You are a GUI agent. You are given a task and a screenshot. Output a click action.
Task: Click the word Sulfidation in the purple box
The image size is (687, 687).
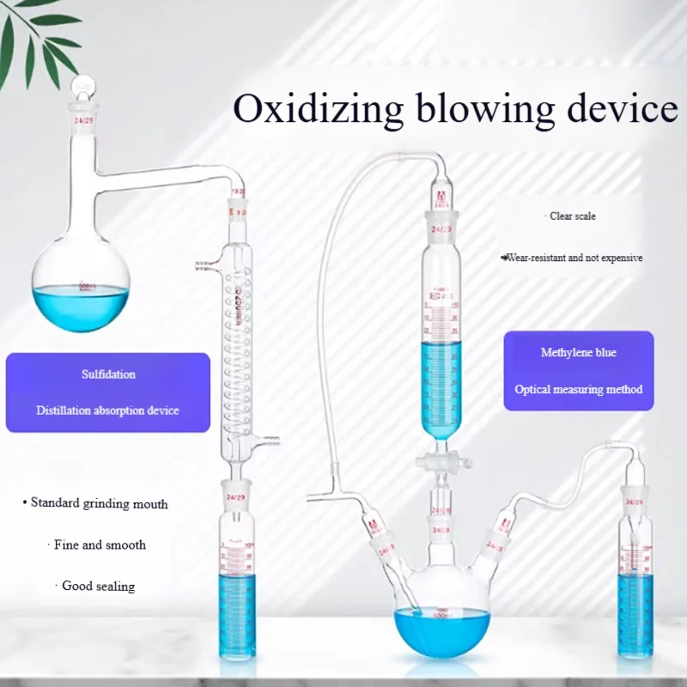point(109,374)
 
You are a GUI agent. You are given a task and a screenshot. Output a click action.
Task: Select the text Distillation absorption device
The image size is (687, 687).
point(107,410)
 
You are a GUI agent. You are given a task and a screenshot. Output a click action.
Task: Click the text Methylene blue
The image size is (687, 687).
point(578,353)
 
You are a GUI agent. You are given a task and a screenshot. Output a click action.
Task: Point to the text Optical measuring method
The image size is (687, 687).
point(578,389)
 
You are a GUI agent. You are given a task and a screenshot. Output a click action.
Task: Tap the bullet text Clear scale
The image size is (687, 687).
point(572,216)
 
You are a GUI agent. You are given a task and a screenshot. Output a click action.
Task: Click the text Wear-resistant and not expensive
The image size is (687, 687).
point(573,258)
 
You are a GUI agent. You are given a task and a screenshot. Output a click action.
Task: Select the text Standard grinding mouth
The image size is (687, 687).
point(98,503)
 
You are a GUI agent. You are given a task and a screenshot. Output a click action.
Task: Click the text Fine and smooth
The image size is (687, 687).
point(99,544)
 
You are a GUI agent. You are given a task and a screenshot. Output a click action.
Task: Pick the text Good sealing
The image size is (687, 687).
point(99,586)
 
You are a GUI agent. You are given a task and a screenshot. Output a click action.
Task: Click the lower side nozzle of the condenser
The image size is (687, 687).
point(272,443)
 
